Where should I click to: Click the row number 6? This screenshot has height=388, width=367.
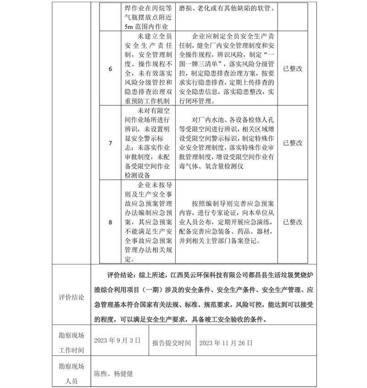(110, 69)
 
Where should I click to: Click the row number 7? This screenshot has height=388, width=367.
(110, 143)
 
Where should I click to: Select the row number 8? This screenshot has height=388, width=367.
(110, 223)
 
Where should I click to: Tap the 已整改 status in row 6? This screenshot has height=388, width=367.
(293, 68)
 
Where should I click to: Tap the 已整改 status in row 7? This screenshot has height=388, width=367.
(293, 143)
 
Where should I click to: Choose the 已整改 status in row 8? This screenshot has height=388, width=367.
(293, 222)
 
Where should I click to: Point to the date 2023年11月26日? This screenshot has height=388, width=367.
(226, 342)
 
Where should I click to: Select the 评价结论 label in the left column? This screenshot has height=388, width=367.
(72, 297)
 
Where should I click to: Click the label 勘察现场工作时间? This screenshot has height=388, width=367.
(72, 342)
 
